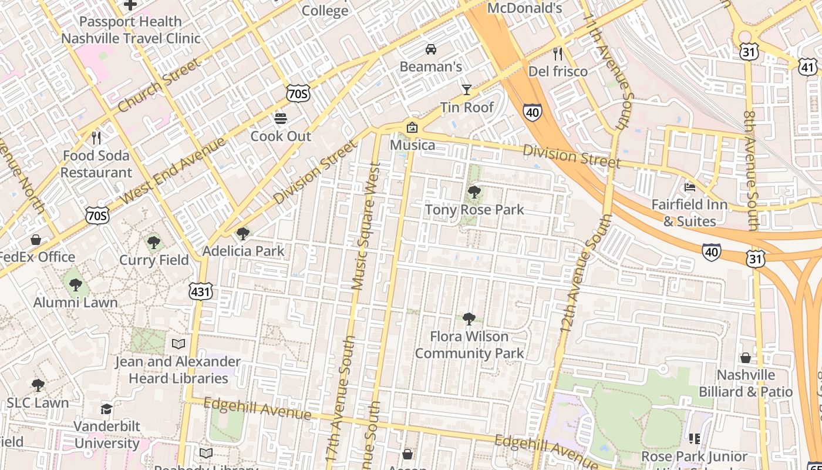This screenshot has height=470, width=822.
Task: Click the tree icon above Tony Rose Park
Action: point(474,192)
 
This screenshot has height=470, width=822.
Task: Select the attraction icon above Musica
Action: point(412,127)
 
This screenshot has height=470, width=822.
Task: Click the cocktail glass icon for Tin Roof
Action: point(467,89)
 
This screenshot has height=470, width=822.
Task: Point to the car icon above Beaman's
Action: point(431,49)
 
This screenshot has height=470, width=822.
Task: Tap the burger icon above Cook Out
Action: point(281,119)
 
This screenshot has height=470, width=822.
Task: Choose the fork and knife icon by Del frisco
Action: point(558,54)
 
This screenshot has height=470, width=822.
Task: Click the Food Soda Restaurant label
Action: point(96,164)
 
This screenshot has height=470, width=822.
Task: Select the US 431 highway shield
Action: point(201,291)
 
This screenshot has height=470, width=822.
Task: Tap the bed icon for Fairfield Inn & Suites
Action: point(690,187)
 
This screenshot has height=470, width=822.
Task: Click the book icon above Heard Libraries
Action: point(178,344)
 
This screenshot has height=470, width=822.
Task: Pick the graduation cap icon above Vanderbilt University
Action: point(106,409)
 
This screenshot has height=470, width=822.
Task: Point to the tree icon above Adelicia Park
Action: point(242,234)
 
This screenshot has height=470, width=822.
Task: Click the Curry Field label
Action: point(154,260)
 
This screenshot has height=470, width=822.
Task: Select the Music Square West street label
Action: point(366,226)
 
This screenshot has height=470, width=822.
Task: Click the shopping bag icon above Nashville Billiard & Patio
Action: point(745,357)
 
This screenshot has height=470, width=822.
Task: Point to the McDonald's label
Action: point(525,8)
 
